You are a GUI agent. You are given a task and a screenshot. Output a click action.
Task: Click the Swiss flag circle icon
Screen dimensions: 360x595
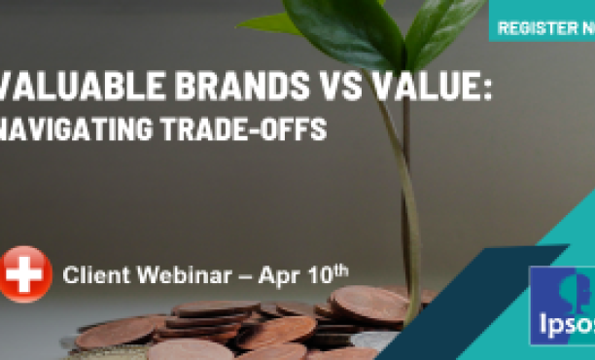[x=25, y=274]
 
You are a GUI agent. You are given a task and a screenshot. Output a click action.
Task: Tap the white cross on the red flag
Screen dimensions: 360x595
[x=25, y=274]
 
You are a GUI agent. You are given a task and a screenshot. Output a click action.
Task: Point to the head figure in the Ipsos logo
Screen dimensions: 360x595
[x=574, y=293]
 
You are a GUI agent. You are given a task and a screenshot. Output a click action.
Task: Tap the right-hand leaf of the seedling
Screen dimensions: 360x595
[x=442, y=29]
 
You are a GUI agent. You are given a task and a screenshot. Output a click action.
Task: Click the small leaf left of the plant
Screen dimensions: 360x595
[x=267, y=21]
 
